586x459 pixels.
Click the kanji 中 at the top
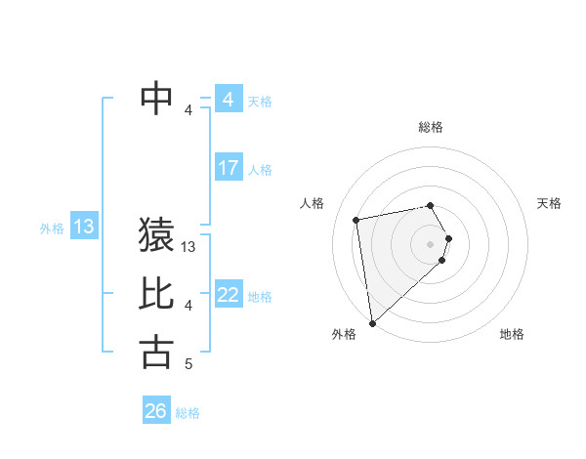pyautogui.click(x=157, y=99)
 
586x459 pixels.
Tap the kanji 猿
pyautogui.click(x=157, y=236)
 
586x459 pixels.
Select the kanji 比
pyautogui.click(x=157, y=294)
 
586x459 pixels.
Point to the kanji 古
pyautogui.click(x=157, y=352)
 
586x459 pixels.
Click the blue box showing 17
pyautogui.click(x=229, y=168)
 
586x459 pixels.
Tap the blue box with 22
pyautogui.click(x=229, y=295)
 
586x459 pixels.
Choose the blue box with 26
pyautogui.click(x=156, y=411)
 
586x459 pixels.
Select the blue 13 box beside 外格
pyautogui.click(x=84, y=228)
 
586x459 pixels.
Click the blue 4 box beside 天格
pyautogui.click(x=229, y=100)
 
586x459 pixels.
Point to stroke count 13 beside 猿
pyautogui.click(x=189, y=248)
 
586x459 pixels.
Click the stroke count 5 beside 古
pyautogui.click(x=188, y=364)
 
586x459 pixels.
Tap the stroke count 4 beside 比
pyautogui.click(x=188, y=306)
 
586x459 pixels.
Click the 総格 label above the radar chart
pyautogui.click(x=431, y=127)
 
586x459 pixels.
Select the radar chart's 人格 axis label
pyautogui.click(x=313, y=203)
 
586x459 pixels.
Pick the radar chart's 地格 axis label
pyautogui.click(x=512, y=335)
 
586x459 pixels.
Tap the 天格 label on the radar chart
pyautogui.click(x=549, y=203)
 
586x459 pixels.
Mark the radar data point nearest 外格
pyautogui.click(x=372, y=323)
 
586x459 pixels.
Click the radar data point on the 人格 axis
pyautogui.click(x=356, y=220)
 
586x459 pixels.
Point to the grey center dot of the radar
pyautogui.click(x=431, y=243)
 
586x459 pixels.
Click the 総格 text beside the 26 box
pyautogui.click(x=188, y=413)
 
